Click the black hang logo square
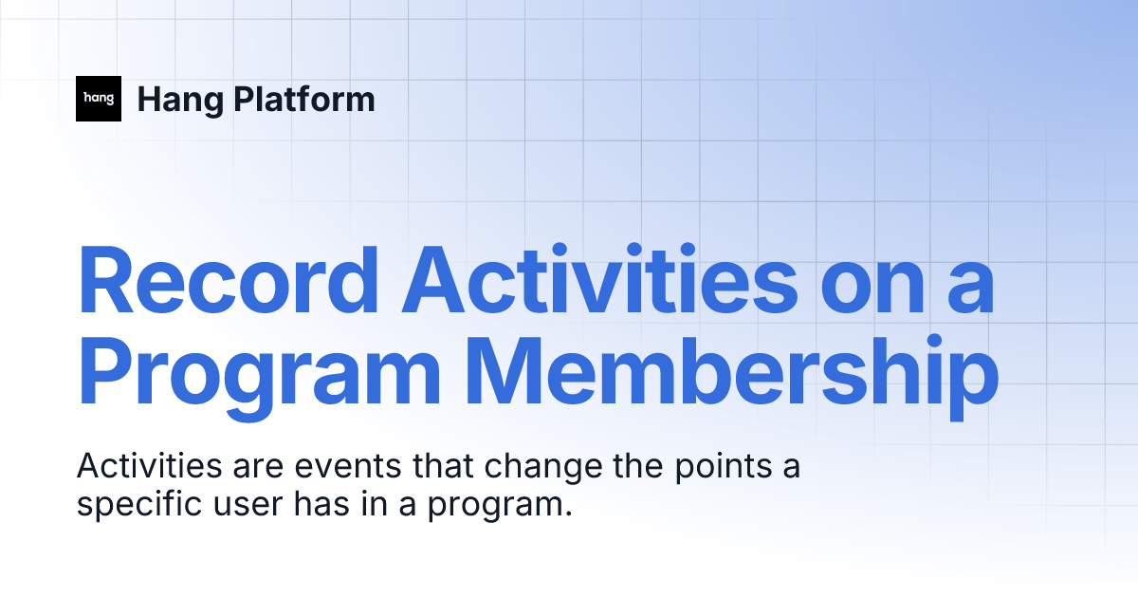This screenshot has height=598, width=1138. point(99,99)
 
